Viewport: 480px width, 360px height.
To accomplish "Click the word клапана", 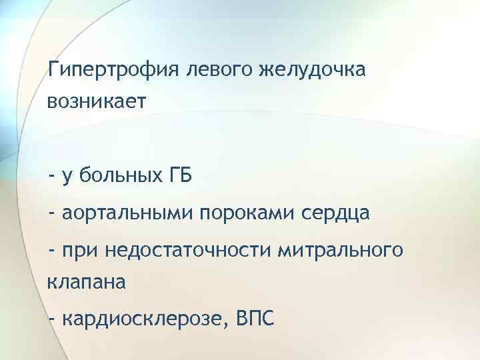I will coord(86,283).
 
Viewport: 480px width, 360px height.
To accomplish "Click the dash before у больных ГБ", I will coord(52,177).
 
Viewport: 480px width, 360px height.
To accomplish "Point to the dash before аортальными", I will coord(52,214).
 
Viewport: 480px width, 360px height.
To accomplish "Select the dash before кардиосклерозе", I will coord(52,320).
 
